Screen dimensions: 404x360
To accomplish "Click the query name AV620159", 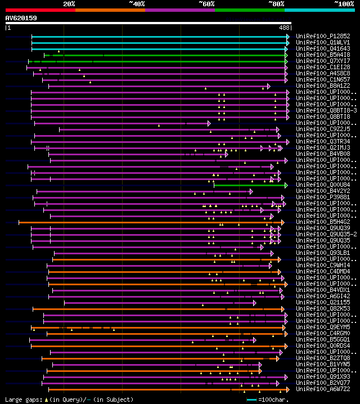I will pos(21,18).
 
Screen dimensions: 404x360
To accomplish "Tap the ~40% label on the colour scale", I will pos(137,4).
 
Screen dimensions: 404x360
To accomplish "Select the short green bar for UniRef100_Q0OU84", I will pos(250,185).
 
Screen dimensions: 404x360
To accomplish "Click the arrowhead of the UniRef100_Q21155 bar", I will pos(255,303).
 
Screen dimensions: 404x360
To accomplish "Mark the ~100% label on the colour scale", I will pos(343,4).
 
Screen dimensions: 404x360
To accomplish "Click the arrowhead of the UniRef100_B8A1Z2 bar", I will pos(269,86).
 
